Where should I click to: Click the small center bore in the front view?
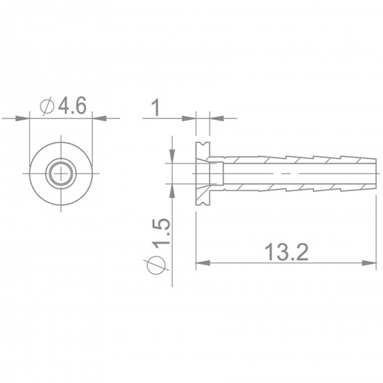(62, 172)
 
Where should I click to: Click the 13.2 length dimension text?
(288, 251)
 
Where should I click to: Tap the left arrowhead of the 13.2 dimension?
(203, 263)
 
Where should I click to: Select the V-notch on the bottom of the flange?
(204, 202)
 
